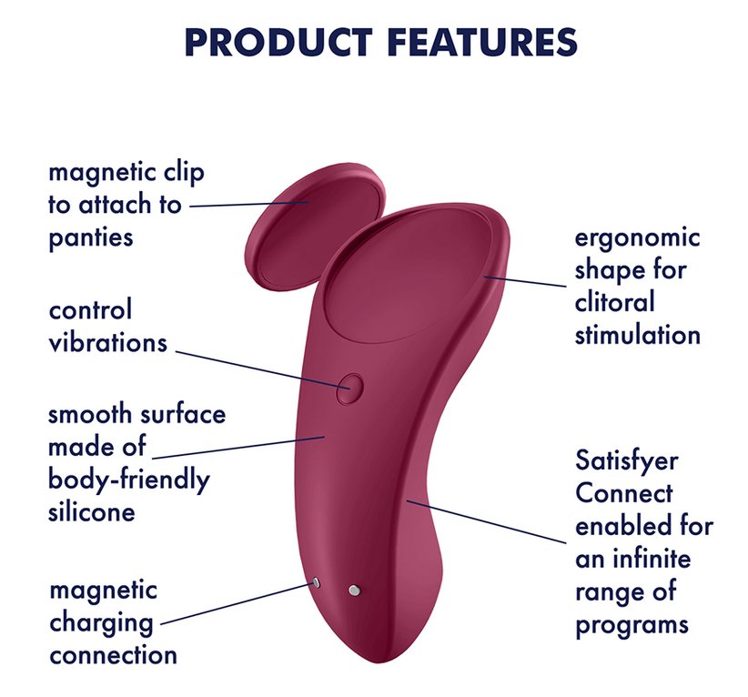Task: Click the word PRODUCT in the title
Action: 278,42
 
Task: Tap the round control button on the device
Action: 349,389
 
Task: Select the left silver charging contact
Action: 316,582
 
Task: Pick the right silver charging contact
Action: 354,591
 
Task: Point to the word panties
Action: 91,238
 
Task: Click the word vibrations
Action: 108,342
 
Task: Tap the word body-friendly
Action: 129,480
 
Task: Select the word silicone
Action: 92,512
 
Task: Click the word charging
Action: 101,623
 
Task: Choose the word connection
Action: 113,655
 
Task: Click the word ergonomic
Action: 637,238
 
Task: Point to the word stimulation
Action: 638,335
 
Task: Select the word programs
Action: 632,625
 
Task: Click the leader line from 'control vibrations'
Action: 263,370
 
